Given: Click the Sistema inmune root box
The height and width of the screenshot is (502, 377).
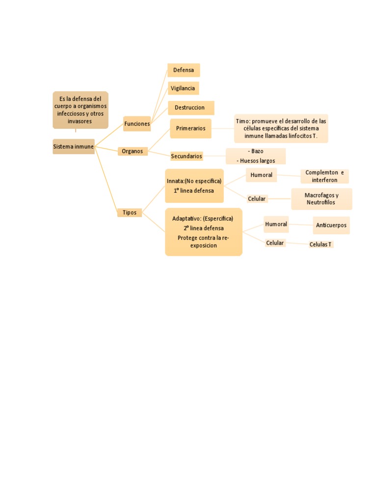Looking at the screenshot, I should point(74,147).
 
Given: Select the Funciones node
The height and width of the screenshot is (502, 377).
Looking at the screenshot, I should point(137,124).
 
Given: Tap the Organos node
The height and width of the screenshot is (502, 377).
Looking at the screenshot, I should point(133,151).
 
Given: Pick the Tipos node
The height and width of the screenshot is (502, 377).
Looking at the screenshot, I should point(130,212).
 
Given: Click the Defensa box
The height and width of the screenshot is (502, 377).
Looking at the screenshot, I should point(184,70).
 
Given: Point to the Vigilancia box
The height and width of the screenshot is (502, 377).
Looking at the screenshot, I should point(183,88).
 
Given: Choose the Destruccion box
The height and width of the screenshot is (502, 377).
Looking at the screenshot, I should point(191,107).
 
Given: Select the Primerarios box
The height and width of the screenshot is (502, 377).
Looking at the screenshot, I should point(190,128).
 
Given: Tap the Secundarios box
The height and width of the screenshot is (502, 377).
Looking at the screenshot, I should point(187,156).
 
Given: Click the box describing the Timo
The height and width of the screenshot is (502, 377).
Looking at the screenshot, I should point(281,128).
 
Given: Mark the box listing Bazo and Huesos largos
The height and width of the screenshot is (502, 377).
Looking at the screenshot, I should point(255,156).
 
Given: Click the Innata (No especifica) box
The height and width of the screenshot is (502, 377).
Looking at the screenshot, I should point(194,186).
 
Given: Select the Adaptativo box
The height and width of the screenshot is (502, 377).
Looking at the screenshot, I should point(203,232).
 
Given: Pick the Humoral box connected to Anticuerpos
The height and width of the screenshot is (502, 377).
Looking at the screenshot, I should point(276,224).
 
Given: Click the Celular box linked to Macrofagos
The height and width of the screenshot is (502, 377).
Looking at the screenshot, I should point(257,199).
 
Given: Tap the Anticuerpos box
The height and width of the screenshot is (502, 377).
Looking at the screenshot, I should point(331,226).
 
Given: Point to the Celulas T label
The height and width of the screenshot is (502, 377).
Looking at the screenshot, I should point(321,244).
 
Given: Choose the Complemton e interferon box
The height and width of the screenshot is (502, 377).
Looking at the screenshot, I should point(324,176).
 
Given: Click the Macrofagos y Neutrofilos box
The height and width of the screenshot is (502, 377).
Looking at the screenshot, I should point(322,199).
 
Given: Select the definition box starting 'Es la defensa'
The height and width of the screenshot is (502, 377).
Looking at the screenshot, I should point(80,110).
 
